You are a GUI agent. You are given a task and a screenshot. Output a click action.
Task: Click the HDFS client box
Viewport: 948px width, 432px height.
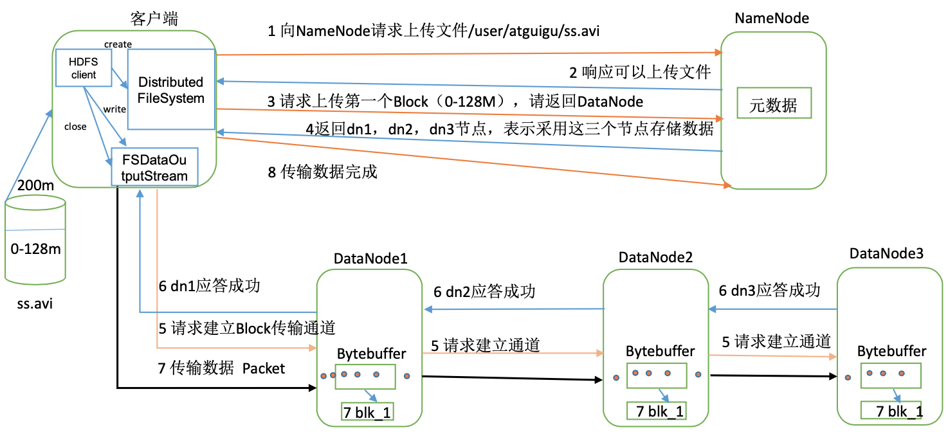pos(84,68)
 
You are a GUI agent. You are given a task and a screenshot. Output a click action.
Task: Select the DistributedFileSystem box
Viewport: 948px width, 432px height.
pos(170,89)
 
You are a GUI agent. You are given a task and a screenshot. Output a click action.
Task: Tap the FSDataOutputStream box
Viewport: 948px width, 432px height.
pos(154,166)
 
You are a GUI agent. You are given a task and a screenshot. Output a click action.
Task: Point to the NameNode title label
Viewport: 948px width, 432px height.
pos(772,18)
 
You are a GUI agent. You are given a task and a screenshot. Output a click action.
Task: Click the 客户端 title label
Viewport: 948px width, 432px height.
pos(154,19)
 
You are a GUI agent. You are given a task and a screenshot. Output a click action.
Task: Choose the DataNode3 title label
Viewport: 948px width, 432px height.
pos(886,253)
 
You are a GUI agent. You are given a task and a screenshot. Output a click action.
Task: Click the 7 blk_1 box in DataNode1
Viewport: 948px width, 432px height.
pos(367,411)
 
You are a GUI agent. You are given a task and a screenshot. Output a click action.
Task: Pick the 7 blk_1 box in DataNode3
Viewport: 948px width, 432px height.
pos(893,411)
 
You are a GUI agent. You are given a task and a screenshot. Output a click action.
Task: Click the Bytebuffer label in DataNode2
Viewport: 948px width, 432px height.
pos(661,351)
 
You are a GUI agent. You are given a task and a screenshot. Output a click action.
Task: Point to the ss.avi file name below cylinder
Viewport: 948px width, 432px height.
pos(35,302)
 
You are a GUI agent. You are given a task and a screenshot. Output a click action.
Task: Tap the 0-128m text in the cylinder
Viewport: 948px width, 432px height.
pos(35,249)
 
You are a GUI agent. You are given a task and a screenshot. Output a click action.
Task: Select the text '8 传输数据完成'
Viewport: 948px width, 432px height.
pos(322,172)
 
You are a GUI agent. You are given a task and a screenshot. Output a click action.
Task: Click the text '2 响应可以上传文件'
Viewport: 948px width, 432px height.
pos(639,72)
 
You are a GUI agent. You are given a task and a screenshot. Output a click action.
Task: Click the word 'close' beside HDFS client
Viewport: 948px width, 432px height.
pos(75,127)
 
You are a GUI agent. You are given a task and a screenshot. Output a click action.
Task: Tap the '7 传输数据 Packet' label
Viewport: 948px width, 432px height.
pos(221,368)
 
